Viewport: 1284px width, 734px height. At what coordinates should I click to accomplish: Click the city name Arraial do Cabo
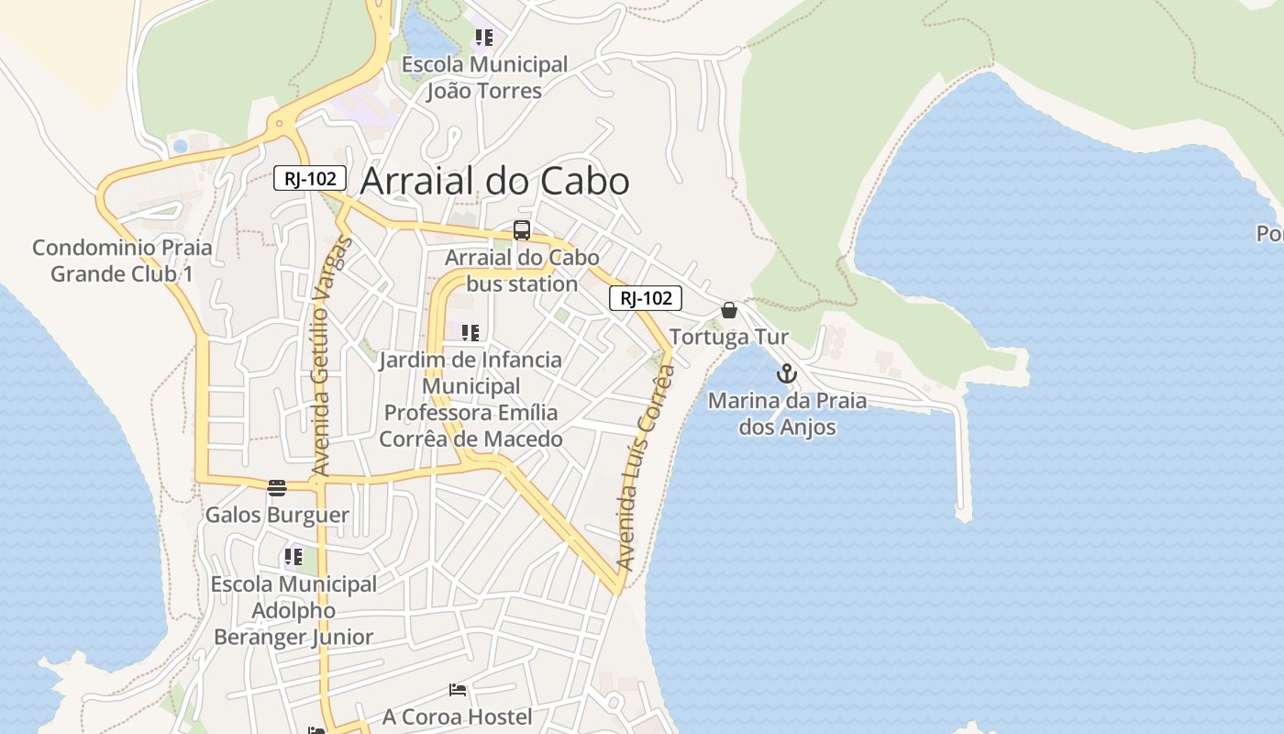coord(494,182)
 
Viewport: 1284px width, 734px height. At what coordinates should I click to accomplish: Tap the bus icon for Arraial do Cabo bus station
coord(522,230)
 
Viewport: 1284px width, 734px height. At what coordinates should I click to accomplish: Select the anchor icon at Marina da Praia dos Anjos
coord(786,373)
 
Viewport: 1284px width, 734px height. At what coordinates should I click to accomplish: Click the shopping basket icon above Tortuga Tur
coord(729,310)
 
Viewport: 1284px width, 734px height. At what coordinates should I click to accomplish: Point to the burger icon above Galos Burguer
coord(277,487)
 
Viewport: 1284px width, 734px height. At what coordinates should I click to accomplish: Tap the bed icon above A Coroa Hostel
coord(458,690)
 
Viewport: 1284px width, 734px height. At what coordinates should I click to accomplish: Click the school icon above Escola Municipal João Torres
coord(483,38)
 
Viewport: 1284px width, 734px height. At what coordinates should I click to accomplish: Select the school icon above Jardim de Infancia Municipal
coord(470,332)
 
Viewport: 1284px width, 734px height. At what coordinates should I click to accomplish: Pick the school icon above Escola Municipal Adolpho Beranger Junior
coord(293,557)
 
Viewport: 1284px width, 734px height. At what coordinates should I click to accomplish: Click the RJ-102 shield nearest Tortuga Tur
coord(646,298)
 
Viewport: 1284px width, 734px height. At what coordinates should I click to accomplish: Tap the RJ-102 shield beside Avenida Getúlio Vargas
coord(310,179)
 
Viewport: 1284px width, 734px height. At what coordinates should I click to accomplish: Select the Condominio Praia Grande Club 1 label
coord(122,261)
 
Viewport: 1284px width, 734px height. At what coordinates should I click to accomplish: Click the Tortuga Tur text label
coord(729,338)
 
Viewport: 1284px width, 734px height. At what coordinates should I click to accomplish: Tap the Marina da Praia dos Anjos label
coord(787,414)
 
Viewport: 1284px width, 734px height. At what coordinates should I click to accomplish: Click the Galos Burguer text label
coord(277,515)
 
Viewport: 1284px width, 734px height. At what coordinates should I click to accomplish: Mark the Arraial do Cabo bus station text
coord(522,271)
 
